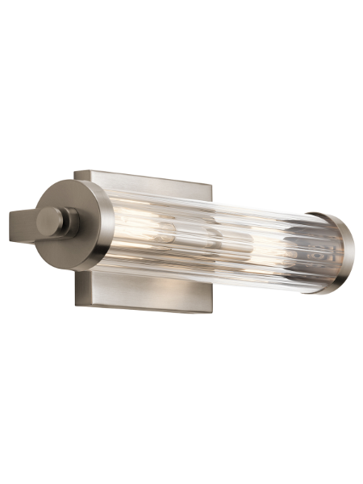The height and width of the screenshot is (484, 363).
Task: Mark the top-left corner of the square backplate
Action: pos(77,170)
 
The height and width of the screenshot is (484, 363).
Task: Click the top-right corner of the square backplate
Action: pos(212,185)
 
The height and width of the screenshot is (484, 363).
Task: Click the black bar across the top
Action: pos(181,30)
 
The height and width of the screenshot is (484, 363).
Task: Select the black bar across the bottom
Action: pos(181,453)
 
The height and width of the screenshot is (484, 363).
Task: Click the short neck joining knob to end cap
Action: pos(72,219)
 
